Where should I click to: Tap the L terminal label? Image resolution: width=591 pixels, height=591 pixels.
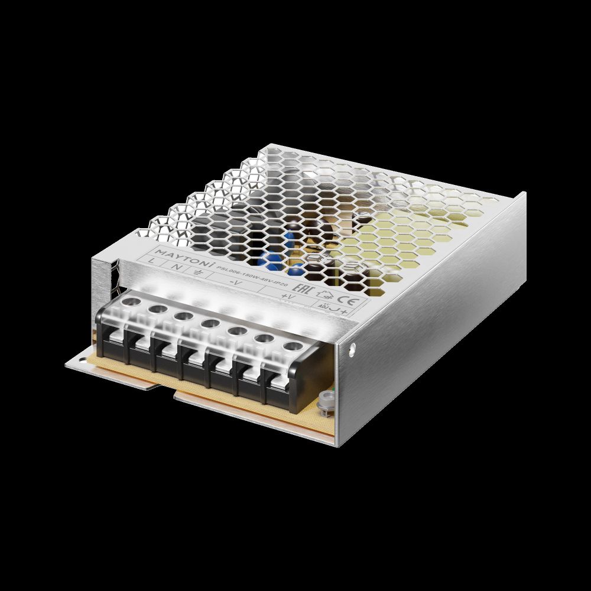154,261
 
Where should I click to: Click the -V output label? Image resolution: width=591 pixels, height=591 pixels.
235,282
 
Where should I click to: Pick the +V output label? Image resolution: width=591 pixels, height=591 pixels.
287,295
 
